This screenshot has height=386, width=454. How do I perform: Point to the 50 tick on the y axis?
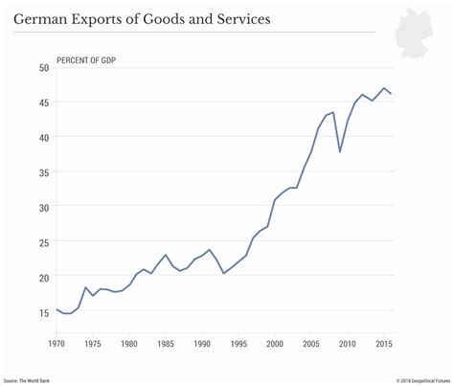coord(44,68)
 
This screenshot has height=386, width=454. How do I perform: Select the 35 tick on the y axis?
coord(44,172)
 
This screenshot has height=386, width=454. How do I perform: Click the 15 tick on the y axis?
coord(44,312)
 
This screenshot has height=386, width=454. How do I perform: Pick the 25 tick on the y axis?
coord(44,242)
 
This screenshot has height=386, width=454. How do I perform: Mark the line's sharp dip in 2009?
coord(340,151)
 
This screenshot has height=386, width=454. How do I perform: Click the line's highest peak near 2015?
coord(384,88)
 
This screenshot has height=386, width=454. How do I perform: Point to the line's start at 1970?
coord(57,309)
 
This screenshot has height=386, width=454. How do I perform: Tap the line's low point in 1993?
coord(224,273)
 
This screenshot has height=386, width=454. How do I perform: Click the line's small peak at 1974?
coord(86,286)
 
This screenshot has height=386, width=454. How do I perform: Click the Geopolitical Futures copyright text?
coord(409,378)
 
